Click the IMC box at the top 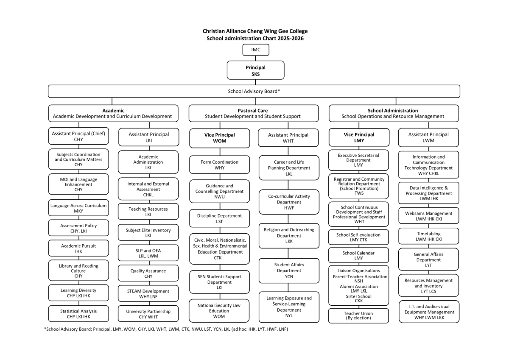255,50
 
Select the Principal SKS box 255,70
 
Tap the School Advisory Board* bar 254,91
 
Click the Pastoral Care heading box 253,113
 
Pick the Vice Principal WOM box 219,138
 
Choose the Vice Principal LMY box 359,137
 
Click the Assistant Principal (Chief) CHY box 78,136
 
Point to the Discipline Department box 219,218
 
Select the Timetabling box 428,236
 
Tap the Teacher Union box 358,315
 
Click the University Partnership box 148,314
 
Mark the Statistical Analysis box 78,314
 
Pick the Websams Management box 428,216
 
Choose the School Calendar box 358,255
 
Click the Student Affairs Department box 289,271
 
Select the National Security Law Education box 219,310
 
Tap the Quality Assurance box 148,273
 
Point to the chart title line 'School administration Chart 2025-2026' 255,38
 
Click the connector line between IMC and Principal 255,58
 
